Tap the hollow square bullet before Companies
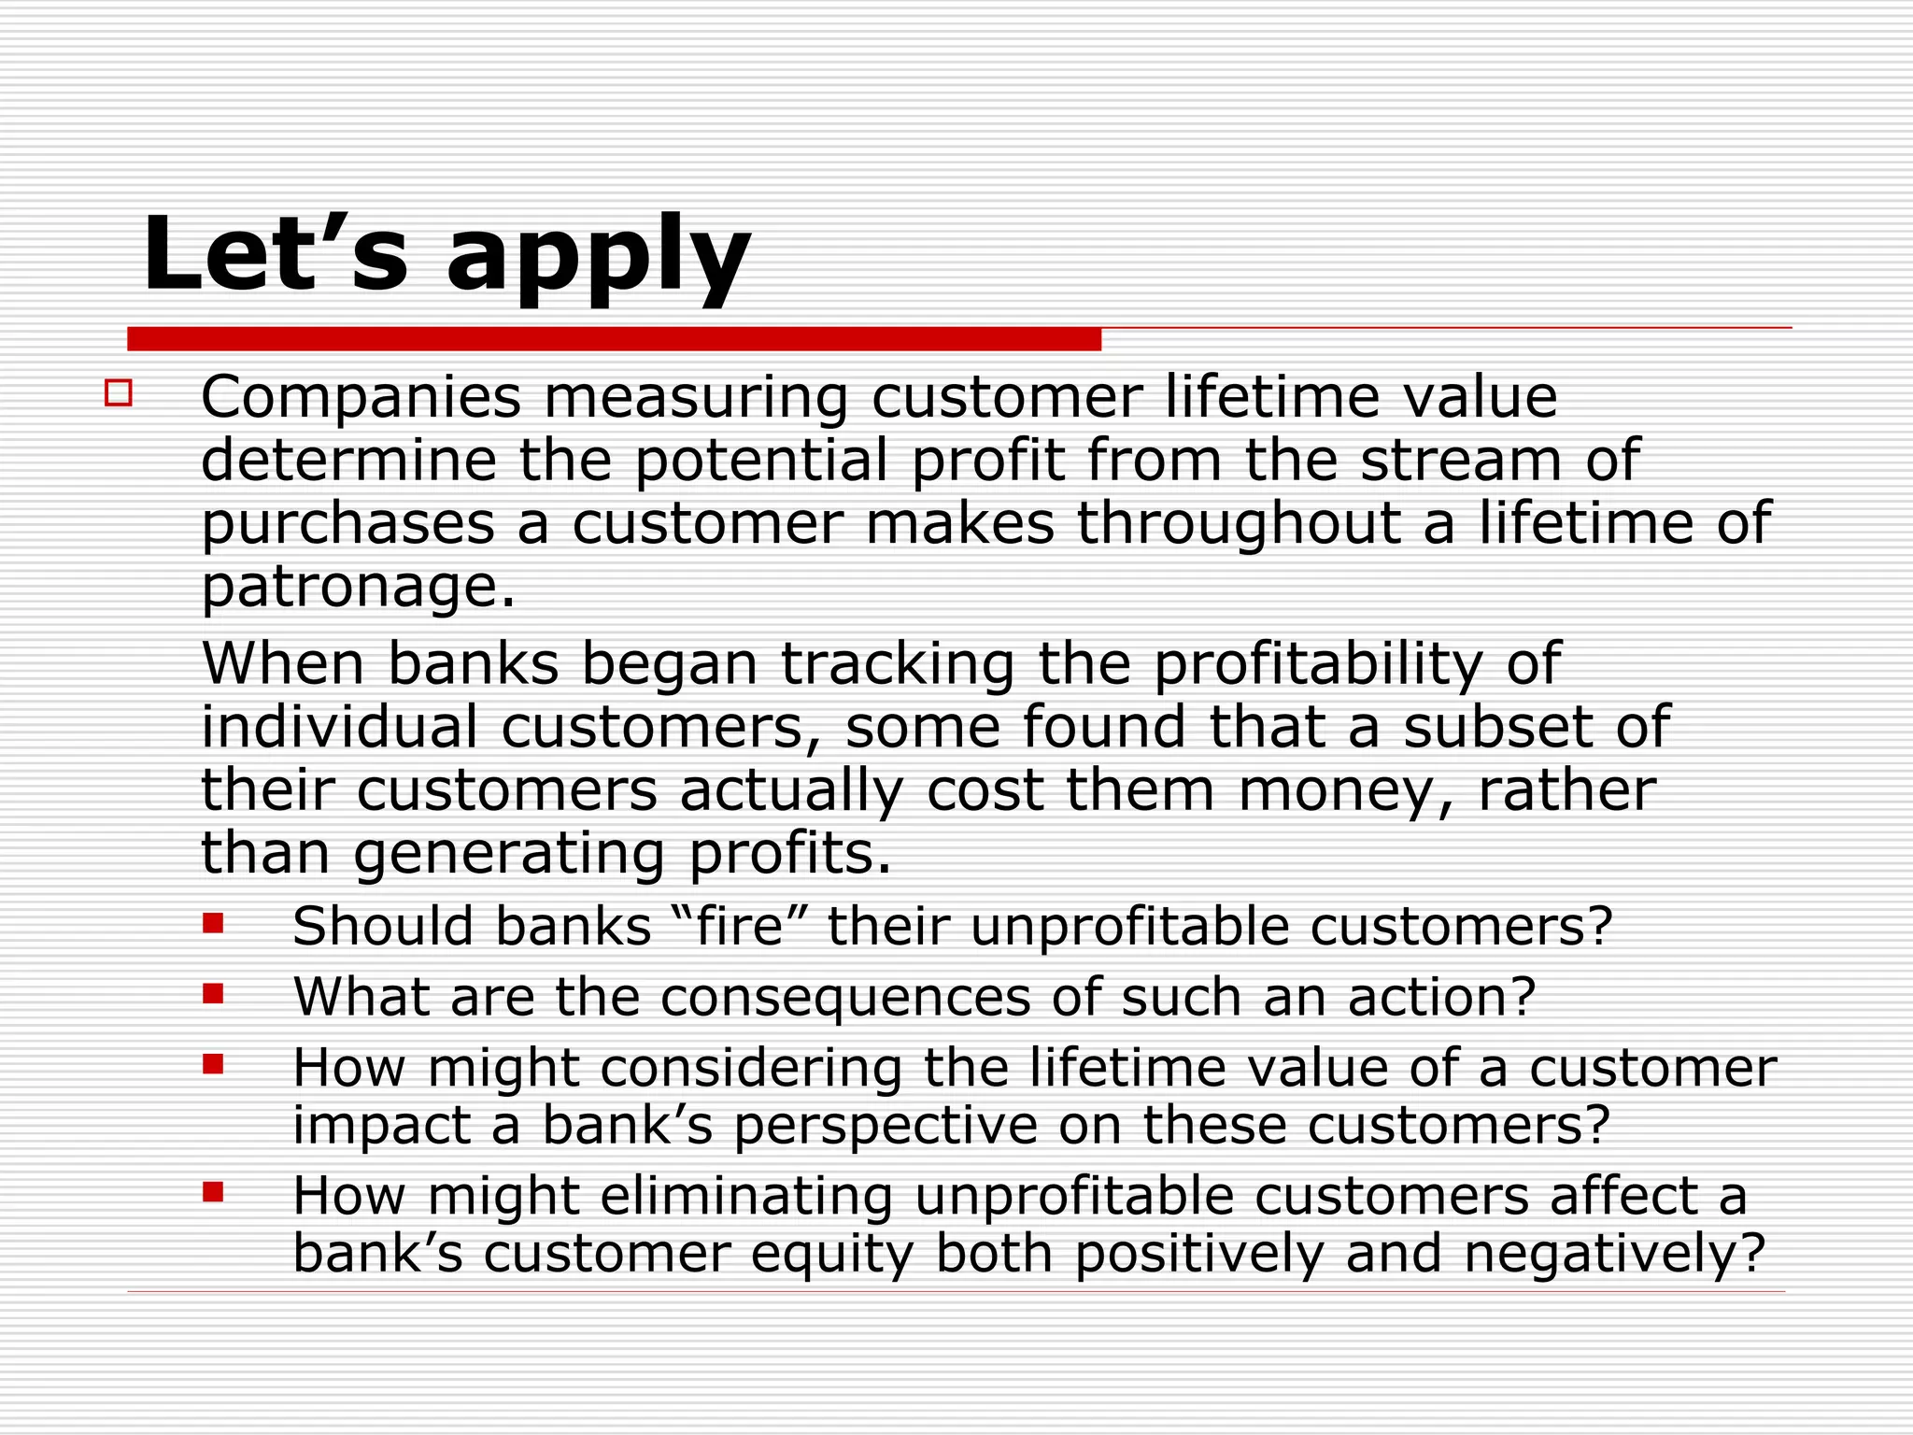click(119, 392)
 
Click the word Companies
click(361, 398)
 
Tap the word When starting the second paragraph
click(283, 664)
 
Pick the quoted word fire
click(739, 927)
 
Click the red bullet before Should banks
click(213, 924)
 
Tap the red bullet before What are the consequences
click(213, 993)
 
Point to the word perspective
click(885, 1127)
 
